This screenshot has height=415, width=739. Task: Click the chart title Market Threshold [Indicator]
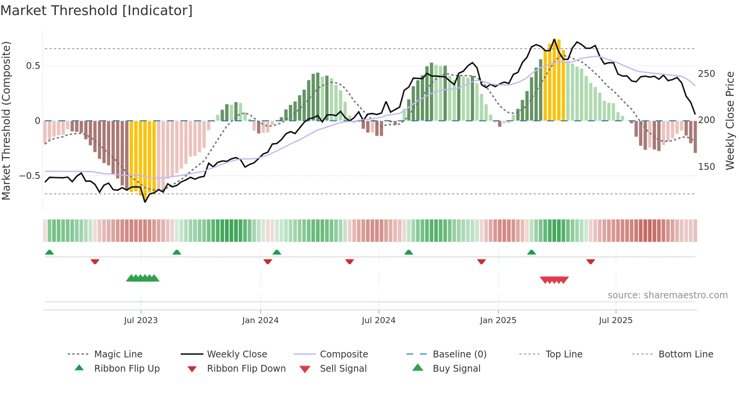pos(97,11)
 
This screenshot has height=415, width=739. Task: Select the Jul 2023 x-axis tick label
pos(141,320)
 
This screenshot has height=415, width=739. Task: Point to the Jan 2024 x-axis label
pos(260,320)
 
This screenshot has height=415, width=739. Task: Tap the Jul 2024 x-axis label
pos(379,320)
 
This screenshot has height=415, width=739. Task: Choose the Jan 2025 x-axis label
pos(498,320)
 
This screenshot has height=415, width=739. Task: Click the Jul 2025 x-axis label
pos(616,320)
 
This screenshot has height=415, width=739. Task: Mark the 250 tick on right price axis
pos(707,74)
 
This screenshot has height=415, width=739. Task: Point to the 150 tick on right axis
pos(707,167)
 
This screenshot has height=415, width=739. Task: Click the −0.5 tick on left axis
pos(30,176)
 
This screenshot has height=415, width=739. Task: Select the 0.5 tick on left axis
pos(33,66)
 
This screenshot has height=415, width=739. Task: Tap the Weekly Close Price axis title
pos(730,121)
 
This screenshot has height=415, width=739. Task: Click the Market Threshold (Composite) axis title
pos(6,121)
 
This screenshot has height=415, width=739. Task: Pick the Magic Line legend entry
pos(118,354)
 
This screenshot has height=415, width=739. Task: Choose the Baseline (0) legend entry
pos(459,354)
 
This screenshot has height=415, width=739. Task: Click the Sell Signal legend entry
pos(343,369)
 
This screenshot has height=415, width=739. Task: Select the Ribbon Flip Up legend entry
pos(127,369)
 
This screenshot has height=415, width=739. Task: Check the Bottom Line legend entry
pos(685,354)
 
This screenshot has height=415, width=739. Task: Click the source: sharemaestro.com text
pos(667,295)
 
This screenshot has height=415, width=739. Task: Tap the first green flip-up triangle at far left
pos(49,252)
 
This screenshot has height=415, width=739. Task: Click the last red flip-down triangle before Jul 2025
pos(590,261)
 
